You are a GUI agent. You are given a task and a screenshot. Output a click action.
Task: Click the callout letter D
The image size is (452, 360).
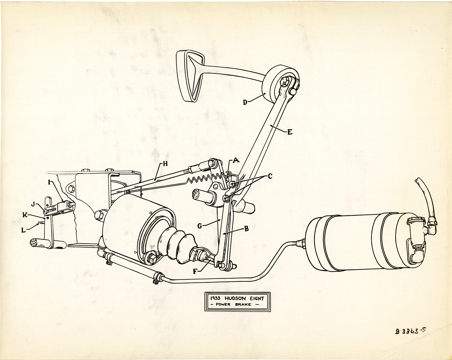[245, 102]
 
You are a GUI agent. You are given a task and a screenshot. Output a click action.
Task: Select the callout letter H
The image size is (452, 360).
[165, 164]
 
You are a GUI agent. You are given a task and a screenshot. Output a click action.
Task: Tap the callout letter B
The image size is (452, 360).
[247, 229]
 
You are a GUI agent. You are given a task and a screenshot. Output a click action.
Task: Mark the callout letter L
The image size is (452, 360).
[23, 230]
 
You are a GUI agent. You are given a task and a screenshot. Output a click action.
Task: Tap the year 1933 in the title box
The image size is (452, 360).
[215, 298]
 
